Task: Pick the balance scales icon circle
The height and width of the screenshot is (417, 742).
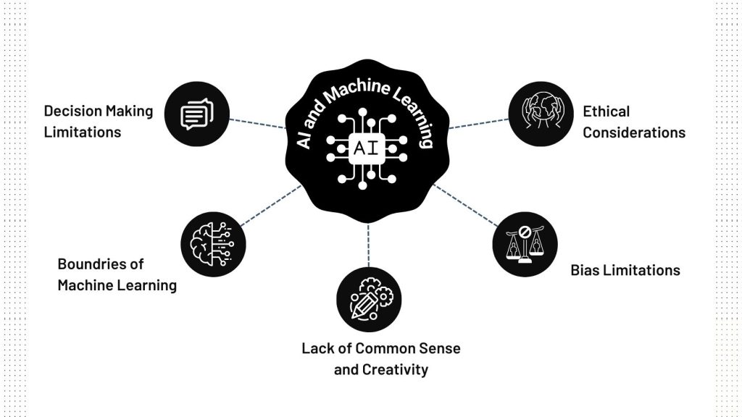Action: [x=525, y=245]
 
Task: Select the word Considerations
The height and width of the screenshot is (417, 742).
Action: [x=633, y=132]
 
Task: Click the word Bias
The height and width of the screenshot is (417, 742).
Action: [x=584, y=270]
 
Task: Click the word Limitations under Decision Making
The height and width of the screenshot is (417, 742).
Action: [x=82, y=132]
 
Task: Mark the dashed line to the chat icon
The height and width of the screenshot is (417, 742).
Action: [x=257, y=123]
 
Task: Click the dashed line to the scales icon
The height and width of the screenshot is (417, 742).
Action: [x=464, y=204]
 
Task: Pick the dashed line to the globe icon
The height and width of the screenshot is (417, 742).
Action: [x=478, y=124]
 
